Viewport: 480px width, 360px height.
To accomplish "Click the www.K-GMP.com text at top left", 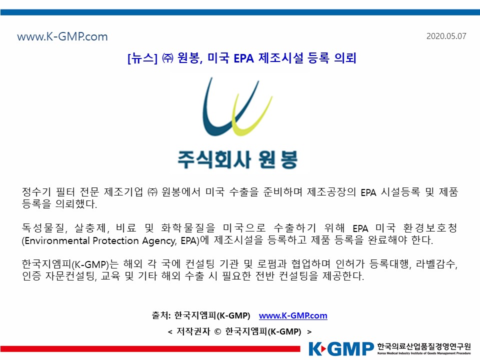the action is click(62, 36).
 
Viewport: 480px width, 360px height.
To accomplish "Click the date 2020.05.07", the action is click(446, 36).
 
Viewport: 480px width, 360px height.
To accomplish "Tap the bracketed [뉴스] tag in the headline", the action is click(142, 58).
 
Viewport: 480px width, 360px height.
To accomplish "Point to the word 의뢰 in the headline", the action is click(345, 58).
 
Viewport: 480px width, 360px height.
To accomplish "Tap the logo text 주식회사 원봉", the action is click(237, 159).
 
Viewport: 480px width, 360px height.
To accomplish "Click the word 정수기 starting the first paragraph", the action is click(36, 192).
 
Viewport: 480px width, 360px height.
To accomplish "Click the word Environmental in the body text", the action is click(57, 240).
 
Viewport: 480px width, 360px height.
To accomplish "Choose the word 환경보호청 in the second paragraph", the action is click(430, 228).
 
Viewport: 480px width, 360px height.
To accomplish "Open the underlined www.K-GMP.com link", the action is click(293, 315).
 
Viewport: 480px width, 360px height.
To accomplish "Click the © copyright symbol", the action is click(217, 332).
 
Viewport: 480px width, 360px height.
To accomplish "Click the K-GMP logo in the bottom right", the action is click(341, 349).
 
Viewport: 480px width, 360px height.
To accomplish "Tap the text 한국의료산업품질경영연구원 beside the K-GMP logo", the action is click(424, 346).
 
